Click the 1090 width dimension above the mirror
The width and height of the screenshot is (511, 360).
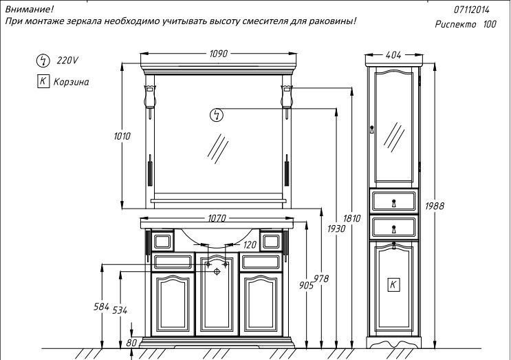(218, 53)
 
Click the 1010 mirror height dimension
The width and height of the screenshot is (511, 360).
(122, 136)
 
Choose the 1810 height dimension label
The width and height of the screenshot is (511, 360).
(351, 219)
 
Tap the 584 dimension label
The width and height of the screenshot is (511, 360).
(101, 306)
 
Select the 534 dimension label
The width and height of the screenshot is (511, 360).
(120, 310)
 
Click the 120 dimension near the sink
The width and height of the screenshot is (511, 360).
(249, 244)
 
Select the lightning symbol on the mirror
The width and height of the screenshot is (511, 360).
(217, 114)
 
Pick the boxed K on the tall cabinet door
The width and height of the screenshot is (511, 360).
(394, 284)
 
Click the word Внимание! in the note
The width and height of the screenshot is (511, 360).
(29, 9)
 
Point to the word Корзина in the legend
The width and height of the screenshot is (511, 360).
(71, 82)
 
